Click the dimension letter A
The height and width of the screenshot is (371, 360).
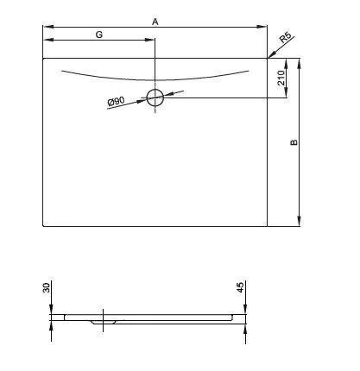tap(155, 22)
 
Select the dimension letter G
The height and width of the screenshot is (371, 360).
tap(99, 35)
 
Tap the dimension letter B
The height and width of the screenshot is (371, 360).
tap(294, 142)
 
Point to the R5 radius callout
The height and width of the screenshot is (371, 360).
tap(286, 37)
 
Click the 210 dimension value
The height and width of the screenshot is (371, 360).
tap(281, 78)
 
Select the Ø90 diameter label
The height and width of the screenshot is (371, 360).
tap(116, 102)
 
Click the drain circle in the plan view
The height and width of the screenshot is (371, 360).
tap(155, 97)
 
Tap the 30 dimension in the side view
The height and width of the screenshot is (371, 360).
tap(46, 287)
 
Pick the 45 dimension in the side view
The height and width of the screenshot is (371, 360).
tap(240, 287)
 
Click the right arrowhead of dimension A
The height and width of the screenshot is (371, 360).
tap(262, 27)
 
